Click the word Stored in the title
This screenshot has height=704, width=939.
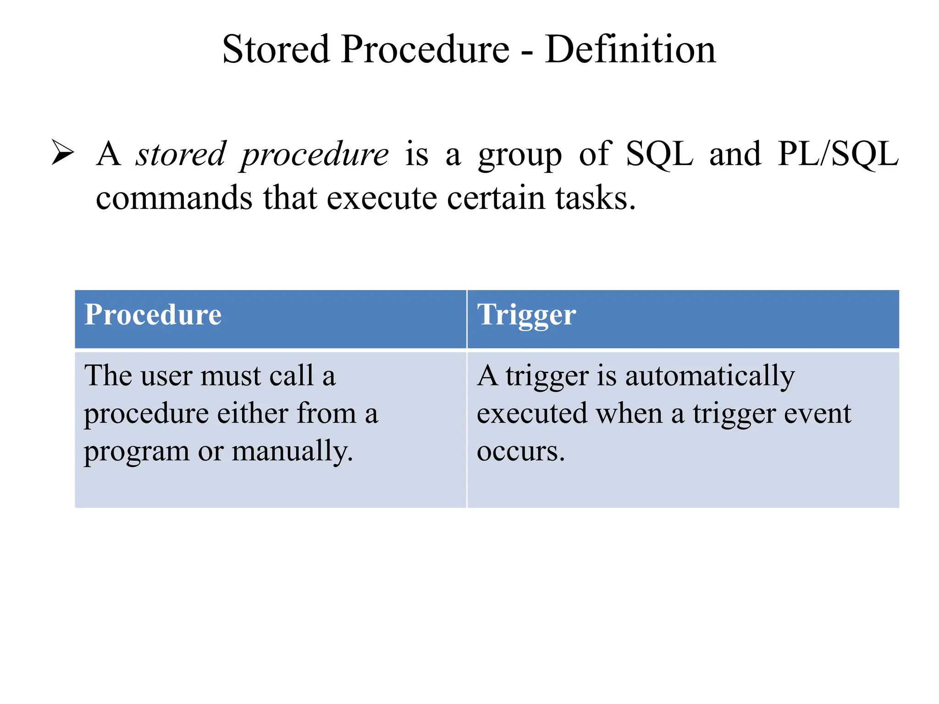(276, 49)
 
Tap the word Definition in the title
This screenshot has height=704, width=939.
(630, 49)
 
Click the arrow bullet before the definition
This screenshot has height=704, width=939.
(63, 153)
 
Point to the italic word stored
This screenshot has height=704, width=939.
(181, 154)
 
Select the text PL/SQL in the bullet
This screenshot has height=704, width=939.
(838, 154)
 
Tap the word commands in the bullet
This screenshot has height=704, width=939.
(174, 198)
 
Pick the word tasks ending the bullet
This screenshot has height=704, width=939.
(595, 198)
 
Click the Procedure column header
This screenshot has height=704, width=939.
(153, 315)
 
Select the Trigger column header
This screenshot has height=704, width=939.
(526, 316)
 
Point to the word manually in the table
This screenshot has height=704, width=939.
(293, 452)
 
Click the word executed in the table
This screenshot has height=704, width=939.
(532, 413)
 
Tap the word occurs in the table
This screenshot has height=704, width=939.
(520, 451)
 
